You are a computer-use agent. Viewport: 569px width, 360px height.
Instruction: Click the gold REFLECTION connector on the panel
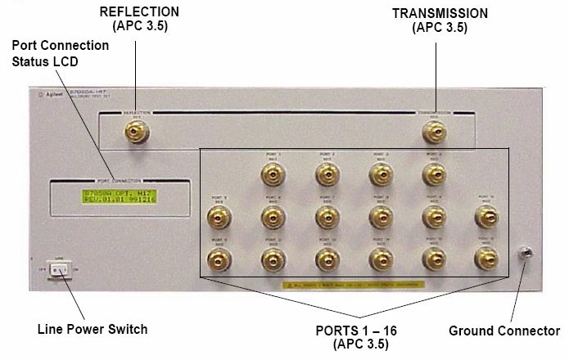click(136, 131)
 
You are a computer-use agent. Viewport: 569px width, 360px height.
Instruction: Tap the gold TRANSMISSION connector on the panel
click(434, 131)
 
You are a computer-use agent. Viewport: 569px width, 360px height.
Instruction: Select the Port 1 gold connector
click(273, 173)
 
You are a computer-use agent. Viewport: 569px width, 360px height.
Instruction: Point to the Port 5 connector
click(219, 217)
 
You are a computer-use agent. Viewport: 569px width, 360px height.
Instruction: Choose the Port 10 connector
click(486, 217)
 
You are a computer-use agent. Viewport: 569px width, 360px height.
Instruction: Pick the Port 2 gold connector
click(327, 173)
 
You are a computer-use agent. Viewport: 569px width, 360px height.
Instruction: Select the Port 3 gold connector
click(380, 173)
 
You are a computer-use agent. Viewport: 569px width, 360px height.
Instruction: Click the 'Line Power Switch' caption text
click(93, 330)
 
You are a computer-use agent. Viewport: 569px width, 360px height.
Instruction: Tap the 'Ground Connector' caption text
click(504, 331)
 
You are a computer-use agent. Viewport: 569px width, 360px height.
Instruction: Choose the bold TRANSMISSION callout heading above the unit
click(440, 14)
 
